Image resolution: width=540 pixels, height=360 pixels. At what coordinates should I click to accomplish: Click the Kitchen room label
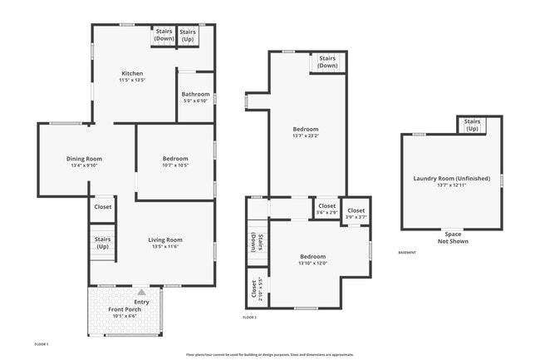pyautogui.click(x=133, y=72)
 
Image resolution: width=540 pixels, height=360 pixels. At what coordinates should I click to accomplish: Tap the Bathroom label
pyautogui.click(x=196, y=94)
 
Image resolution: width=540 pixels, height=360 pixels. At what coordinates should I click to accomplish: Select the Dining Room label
pyautogui.click(x=84, y=159)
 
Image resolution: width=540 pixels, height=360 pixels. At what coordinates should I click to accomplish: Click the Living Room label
pyautogui.click(x=166, y=239)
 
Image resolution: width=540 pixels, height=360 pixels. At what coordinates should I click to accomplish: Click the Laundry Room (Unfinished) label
pyautogui.click(x=452, y=179)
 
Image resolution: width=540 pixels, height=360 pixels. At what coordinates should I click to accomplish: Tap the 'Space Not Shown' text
pyautogui.click(x=452, y=238)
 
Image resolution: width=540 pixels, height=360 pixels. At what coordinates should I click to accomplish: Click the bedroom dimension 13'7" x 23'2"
pyautogui.click(x=305, y=136)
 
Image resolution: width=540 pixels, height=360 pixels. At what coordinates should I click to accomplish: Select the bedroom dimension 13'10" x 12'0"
pyautogui.click(x=313, y=263)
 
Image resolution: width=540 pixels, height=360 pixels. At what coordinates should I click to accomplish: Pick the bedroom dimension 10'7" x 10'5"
pyautogui.click(x=175, y=165)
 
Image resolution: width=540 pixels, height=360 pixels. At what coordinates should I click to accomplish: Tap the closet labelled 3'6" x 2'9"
pyautogui.click(x=326, y=212)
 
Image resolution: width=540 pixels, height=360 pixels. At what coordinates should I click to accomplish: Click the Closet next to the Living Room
pyautogui.click(x=103, y=207)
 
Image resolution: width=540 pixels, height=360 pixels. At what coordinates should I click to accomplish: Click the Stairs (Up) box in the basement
pyautogui.click(x=472, y=125)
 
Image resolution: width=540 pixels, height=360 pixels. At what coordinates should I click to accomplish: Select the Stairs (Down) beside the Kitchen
pyautogui.click(x=164, y=35)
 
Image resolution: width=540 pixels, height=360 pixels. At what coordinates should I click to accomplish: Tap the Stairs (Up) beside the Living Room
pyautogui.click(x=103, y=244)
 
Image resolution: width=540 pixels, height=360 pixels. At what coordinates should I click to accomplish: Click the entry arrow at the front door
pyautogui.click(x=142, y=292)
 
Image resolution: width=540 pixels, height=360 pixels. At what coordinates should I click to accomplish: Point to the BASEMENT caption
pyautogui.click(x=407, y=253)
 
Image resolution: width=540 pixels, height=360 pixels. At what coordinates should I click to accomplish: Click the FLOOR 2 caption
pyautogui.click(x=249, y=318)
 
